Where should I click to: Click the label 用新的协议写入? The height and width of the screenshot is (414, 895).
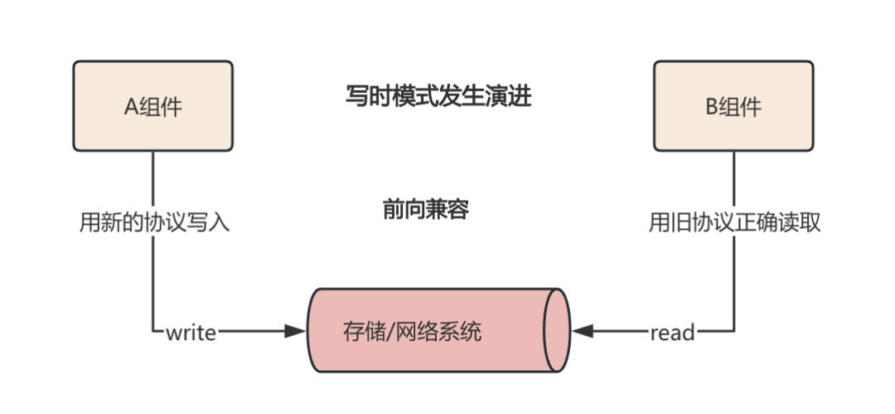click(154, 222)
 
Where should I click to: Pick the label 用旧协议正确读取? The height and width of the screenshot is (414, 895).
click(734, 222)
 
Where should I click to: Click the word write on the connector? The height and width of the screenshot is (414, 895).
click(191, 333)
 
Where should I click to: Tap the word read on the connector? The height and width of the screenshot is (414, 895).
click(672, 333)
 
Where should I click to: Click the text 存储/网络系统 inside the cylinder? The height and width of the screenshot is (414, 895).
click(412, 334)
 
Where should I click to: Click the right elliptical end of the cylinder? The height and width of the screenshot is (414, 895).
click(557, 330)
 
